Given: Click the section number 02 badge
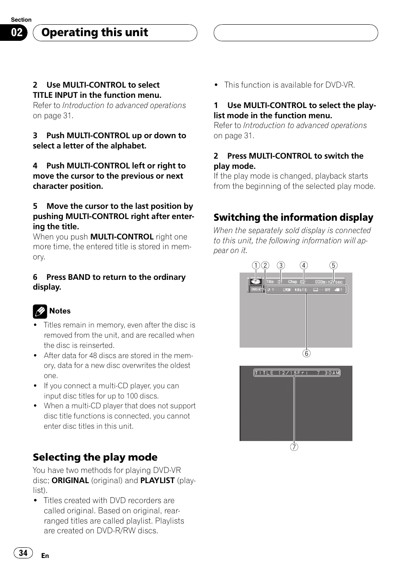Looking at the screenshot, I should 16,33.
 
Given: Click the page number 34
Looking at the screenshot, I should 23,553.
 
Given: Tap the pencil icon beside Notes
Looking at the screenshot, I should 40,312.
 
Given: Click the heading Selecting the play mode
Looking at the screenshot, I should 95,457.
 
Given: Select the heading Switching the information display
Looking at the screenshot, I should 293,217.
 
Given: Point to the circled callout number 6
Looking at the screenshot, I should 306,353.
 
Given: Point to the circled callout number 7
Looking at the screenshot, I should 294,447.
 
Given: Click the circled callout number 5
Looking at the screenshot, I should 333,265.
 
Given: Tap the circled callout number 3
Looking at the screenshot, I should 281,265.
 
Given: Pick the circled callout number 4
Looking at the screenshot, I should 303,265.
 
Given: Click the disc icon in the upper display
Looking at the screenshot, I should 255,281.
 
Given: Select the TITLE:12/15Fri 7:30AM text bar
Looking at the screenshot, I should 297,373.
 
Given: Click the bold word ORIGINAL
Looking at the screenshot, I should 70,480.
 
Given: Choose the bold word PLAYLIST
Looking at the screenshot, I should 157,480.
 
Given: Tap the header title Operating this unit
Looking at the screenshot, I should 94,32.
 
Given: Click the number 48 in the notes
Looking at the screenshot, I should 93,356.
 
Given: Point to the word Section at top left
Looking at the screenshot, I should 21,20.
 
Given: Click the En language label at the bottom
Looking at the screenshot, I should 45,556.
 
